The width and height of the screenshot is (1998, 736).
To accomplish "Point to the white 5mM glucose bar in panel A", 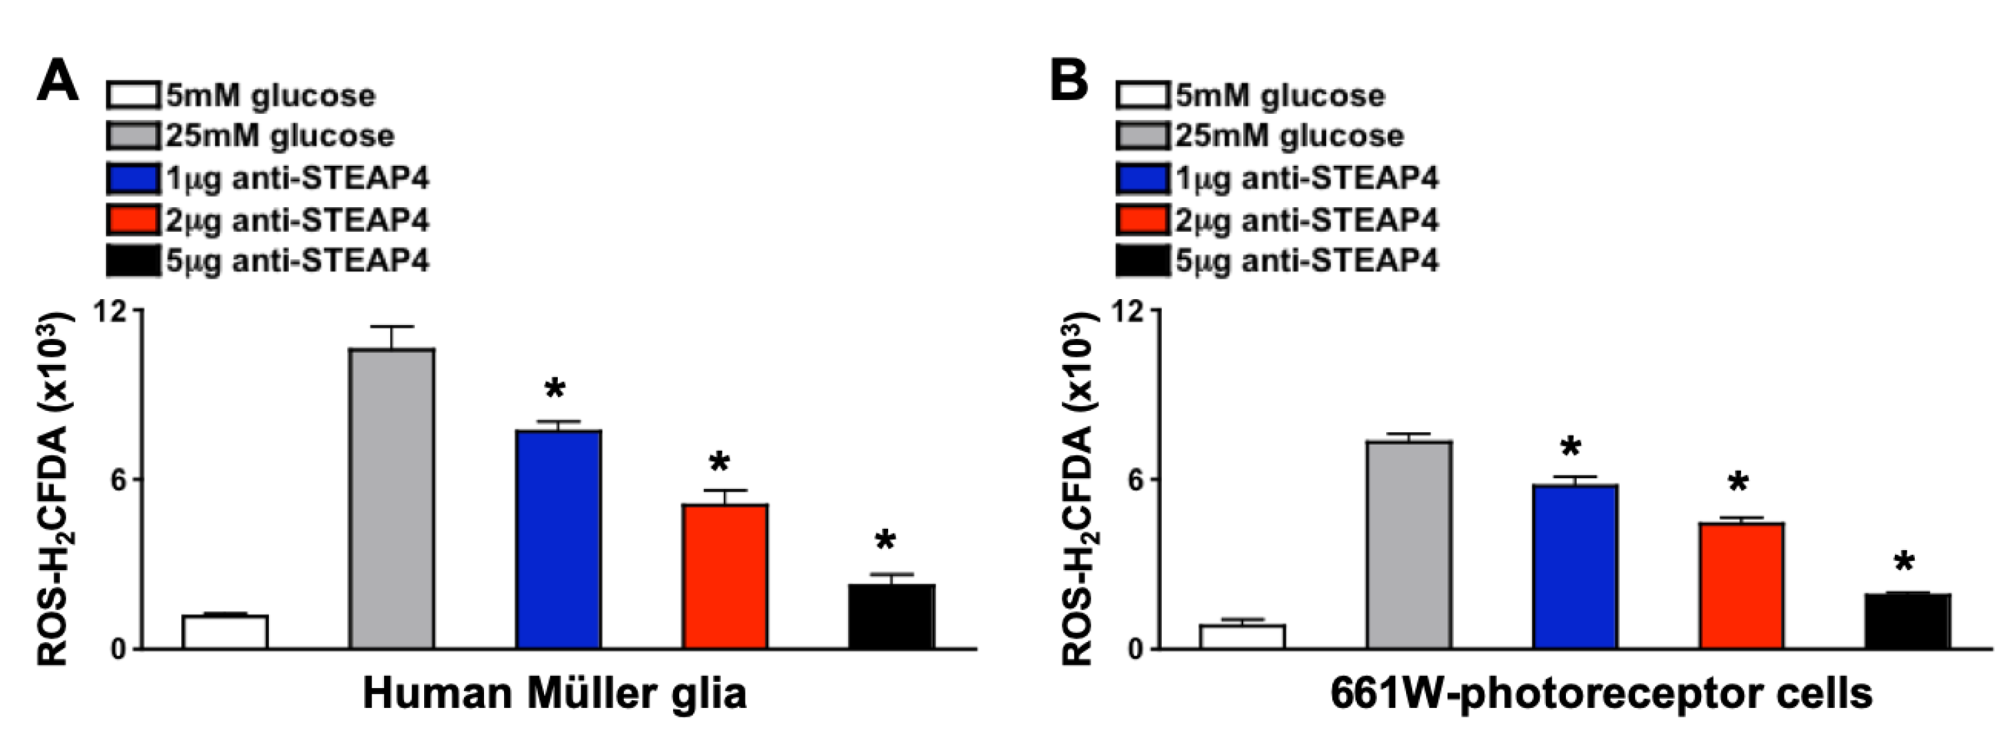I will click(225, 631).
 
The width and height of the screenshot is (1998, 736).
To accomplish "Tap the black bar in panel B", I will click(1907, 621).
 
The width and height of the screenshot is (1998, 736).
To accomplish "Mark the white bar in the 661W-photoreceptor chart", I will click(1242, 636).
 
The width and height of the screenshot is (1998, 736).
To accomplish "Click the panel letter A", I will click(57, 81).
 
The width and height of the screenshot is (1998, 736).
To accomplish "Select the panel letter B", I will click(1069, 81).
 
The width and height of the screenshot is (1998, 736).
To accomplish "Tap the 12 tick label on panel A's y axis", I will click(109, 311).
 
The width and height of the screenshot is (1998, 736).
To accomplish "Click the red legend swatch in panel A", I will click(132, 220).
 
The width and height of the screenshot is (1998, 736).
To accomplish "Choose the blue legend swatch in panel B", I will click(1142, 179).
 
